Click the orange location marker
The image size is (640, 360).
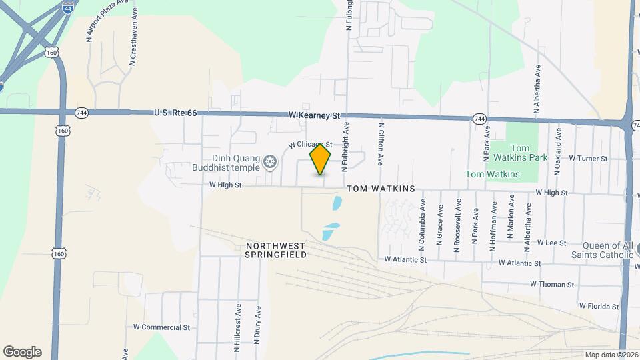321,159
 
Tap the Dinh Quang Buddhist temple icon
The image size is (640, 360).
270,161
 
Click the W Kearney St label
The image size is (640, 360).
315,115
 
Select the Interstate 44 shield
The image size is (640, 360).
68,7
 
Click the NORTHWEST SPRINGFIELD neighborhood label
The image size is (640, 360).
275,251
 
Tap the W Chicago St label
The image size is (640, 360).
309,145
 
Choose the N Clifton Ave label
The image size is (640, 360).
381,143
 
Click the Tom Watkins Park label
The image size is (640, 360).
529,153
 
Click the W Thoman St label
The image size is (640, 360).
551,284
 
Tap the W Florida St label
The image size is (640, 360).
599,307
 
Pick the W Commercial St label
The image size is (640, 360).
161,327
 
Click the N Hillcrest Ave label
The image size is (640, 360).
237,324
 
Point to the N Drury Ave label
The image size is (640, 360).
257,325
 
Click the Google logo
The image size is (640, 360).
22,352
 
